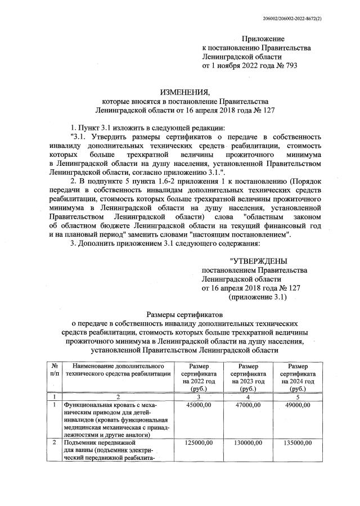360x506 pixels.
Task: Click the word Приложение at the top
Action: tap(263, 39)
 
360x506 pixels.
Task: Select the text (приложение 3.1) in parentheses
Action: tap(258, 297)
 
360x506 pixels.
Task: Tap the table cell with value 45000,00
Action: tap(198, 405)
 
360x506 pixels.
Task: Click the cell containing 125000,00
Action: tap(198, 444)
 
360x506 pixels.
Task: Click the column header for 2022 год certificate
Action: tap(198, 377)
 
